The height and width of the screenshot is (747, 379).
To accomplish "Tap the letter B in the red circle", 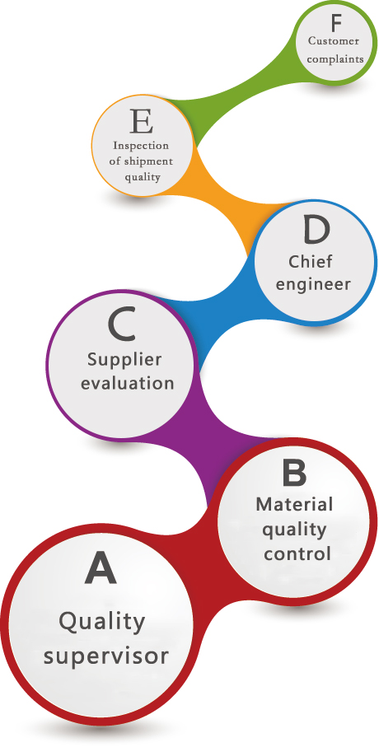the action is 293,473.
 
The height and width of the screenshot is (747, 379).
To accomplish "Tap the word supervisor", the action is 105,656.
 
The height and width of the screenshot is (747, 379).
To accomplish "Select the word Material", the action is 294,505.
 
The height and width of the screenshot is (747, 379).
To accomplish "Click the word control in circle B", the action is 297,554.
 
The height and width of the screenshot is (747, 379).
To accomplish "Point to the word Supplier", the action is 124,361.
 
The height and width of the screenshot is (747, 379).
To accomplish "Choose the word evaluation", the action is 127,383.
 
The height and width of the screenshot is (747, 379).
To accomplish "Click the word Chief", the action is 311,261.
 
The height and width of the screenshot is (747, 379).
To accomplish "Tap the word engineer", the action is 313,285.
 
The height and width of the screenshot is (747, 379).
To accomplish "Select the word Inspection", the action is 141,146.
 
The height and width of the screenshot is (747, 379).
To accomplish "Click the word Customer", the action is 333,41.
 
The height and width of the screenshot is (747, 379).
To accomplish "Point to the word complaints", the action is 335,60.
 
